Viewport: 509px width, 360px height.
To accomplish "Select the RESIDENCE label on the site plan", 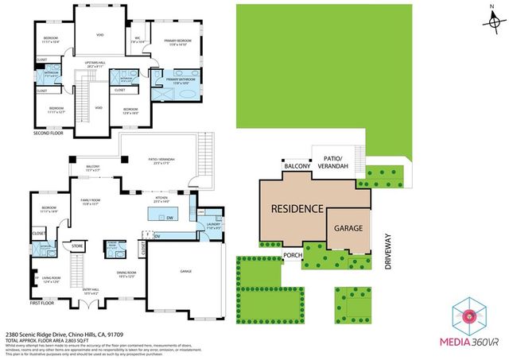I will pyautogui.click(x=297, y=209).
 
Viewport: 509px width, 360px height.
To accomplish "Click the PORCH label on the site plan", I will pyautogui.click(x=293, y=256).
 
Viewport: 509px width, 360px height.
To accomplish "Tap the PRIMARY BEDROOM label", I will pyautogui.click(x=177, y=41).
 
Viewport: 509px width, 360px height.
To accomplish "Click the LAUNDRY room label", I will pyautogui.click(x=212, y=225).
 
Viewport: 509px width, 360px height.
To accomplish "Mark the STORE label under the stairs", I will pyautogui.click(x=78, y=247).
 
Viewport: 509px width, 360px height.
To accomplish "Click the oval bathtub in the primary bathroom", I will pyautogui.click(x=187, y=94).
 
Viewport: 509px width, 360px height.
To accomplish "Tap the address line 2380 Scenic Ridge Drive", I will pyautogui.click(x=63, y=335).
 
